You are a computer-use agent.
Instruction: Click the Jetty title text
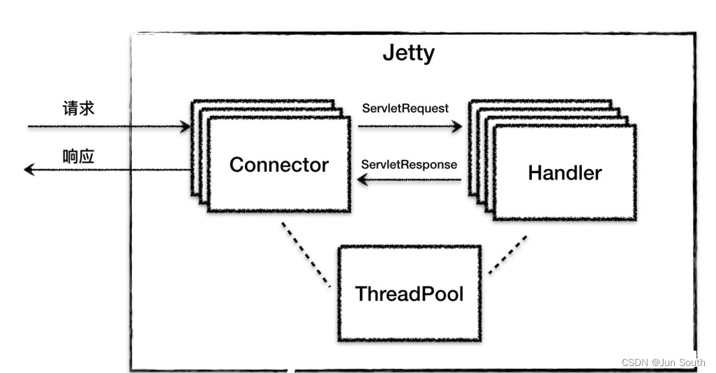point(408,53)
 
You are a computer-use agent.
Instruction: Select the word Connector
point(278,165)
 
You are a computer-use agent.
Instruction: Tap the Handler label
point(564,173)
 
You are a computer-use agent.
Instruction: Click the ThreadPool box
point(409,293)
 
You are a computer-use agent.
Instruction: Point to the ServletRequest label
point(405,108)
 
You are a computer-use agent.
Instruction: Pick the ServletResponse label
point(409,165)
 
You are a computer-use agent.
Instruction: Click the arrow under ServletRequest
point(409,127)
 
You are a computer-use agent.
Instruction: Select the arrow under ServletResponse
point(409,180)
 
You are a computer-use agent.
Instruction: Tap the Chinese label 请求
point(78,108)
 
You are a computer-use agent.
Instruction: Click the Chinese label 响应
point(78,156)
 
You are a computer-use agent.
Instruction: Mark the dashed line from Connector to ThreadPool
point(306,254)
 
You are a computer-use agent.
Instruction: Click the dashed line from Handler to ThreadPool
point(507,254)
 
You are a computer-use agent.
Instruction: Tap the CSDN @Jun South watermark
point(663,363)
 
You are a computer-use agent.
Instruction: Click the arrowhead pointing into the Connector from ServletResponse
point(363,180)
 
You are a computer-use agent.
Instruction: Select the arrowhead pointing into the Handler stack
point(457,127)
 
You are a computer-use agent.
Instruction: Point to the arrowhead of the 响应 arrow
point(29,169)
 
